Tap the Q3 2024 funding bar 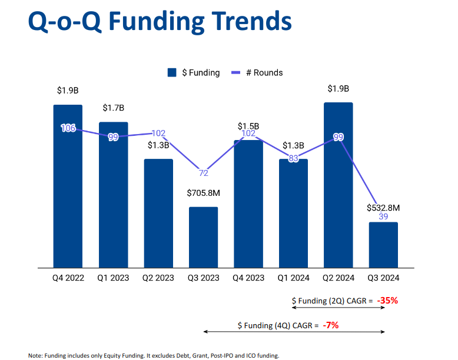(x=384, y=245)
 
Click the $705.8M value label (x=203, y=193)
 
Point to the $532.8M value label (x=383, y=208)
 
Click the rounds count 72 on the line (x=204, y=173)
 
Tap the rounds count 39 (x=383, y=217)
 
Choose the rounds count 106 (x=68, y=128)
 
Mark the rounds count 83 (x=293, y=158)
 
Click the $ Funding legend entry (x=194, y=73)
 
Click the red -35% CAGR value (x=388, y=301)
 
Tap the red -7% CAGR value (x=330, y=325)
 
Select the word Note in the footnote (x=35, y=355)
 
